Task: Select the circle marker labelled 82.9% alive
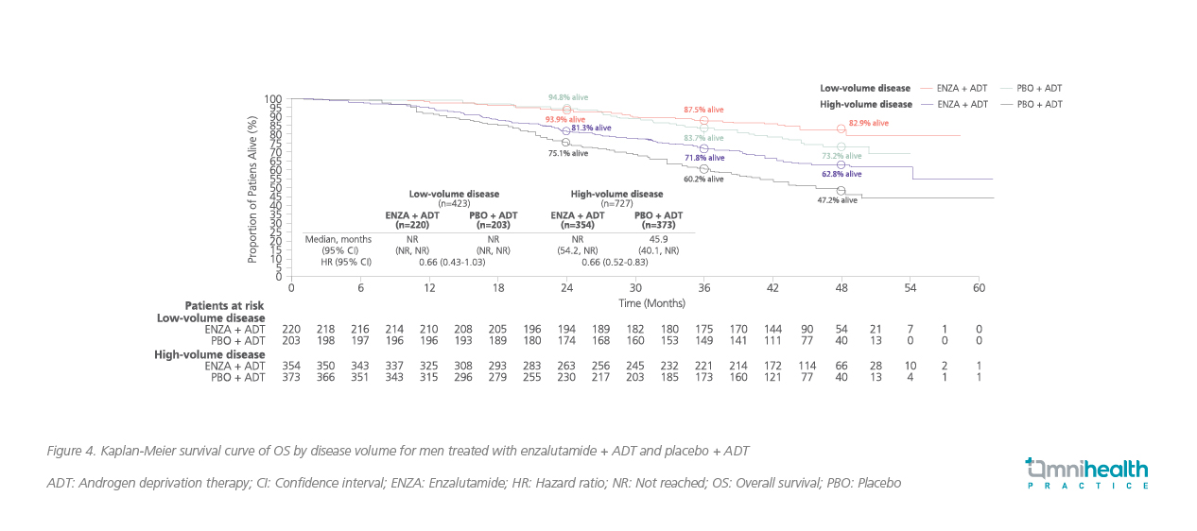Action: pyautogui.click(x=841, y=128)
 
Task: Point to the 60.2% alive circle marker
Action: pyautogui.click(x=703, y=168)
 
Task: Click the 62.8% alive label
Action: pyautogui.click(x=841, y=174)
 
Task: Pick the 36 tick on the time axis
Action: pyautogui.click(x=703, y=288)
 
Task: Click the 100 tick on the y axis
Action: pyautogui.click(x=273, y=99)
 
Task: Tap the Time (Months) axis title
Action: pyautogui.click(x=652, y=303)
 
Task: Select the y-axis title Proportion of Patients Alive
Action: pyautogui.click(x=252, y=189)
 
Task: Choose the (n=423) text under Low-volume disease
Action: pyautogui.click(x=454, y=204)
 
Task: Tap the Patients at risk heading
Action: pyautogui.click(x=224, y=305)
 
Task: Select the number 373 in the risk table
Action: pyautogui.click(x=291, y=378)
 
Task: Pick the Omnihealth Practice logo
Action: pyautogui.click(x=1086, y=471)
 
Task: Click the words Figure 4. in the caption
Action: pyautogui.click(x=68, y=451)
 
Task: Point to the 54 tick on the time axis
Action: pyautogui.click(x=910, y=288)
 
